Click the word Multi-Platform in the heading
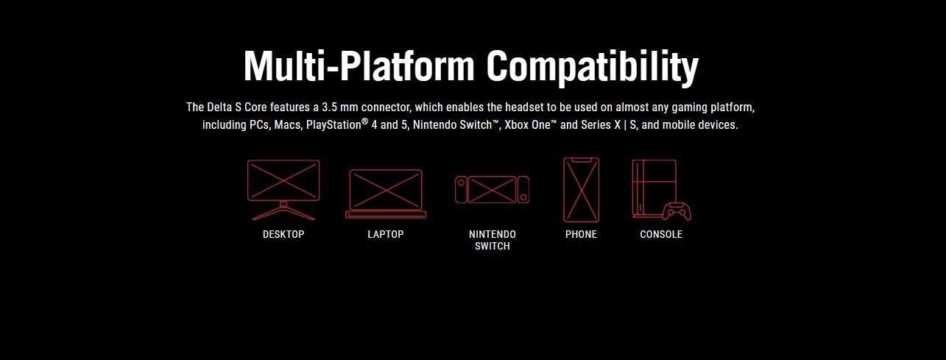coord(359,66)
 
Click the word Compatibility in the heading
coord(593,68)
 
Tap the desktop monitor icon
coord(283,190)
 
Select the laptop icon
coord(386,194)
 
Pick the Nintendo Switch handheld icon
coord(492,189)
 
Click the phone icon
coord(581,190)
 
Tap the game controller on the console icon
coord(677,211)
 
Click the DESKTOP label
coord(283,234)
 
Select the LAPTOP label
coord(386,234)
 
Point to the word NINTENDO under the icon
coord(493,234)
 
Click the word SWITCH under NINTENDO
coord(493,246)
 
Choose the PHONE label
coord(581,234)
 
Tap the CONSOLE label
coord(661,234)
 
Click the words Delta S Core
coord(237,107)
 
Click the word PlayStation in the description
coord(333,125)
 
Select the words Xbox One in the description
coord(528,125)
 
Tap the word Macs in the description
coord(289,125)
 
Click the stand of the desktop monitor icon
coord(283,211)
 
